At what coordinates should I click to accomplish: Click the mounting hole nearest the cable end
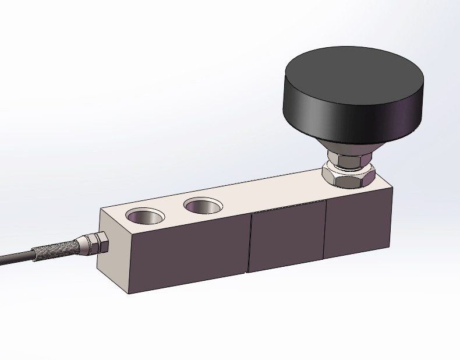pos(145,216)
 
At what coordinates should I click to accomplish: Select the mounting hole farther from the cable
pos(203,206)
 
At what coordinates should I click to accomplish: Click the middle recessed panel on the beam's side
pos(286,236)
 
